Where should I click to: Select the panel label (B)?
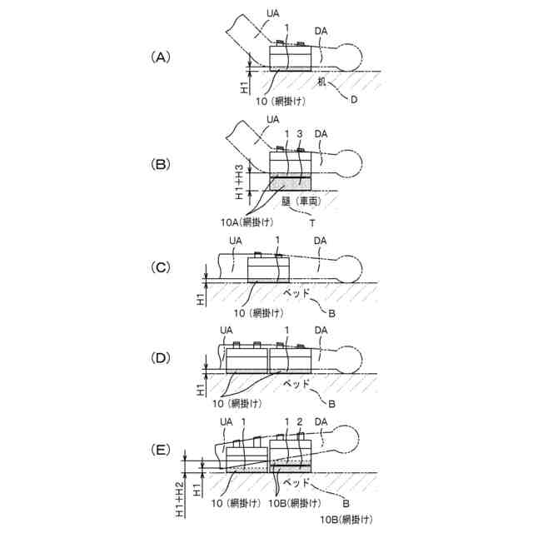tap(160, 162)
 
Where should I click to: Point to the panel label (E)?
tap(160, 449)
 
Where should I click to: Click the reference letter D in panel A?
tap(354, 101)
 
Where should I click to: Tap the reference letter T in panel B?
tap(312, 222)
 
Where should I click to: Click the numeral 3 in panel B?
tap(299, 134)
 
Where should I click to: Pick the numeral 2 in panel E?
tap(299, 421)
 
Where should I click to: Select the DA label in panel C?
tap(321, 242)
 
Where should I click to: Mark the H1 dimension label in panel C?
tap(201, 297)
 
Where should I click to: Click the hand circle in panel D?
tap(351, 359)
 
